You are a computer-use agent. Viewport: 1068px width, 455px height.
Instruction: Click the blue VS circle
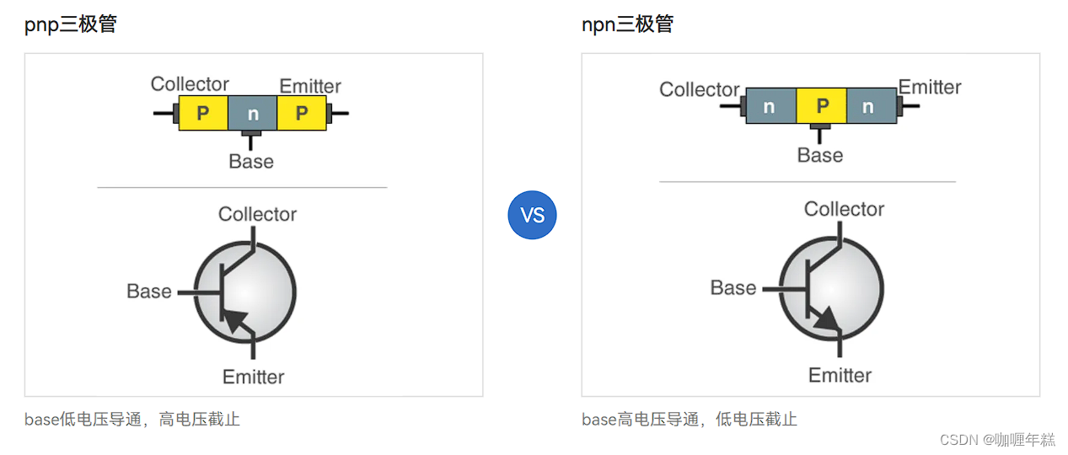532,215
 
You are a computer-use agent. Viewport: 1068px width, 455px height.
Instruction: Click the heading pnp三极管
71,24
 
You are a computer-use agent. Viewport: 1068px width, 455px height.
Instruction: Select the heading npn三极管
628,24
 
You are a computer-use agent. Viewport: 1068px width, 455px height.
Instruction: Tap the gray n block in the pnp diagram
252,114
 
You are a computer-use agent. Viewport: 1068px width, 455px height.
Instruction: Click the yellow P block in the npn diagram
821,106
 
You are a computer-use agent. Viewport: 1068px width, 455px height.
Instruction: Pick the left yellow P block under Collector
203,114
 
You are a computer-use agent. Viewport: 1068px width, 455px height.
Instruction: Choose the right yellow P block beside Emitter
302,114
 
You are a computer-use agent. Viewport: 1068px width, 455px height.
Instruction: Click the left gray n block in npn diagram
770,106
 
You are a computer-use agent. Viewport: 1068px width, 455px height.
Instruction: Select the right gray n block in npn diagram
871,106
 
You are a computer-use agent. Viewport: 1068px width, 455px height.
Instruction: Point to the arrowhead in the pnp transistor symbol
237,321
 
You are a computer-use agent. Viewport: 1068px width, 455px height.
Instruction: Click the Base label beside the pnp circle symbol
149,292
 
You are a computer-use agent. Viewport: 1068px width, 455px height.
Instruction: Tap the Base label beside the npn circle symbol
733,288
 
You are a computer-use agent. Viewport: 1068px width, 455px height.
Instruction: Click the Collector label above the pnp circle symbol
257,214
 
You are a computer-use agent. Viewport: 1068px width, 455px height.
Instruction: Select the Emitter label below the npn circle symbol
840,375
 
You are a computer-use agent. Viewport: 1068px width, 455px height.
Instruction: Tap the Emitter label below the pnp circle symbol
254,377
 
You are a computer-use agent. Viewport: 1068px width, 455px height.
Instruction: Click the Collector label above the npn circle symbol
844,209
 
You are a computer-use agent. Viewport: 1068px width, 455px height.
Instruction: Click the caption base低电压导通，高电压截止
132,419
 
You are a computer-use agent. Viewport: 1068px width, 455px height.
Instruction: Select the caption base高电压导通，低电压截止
690,419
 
